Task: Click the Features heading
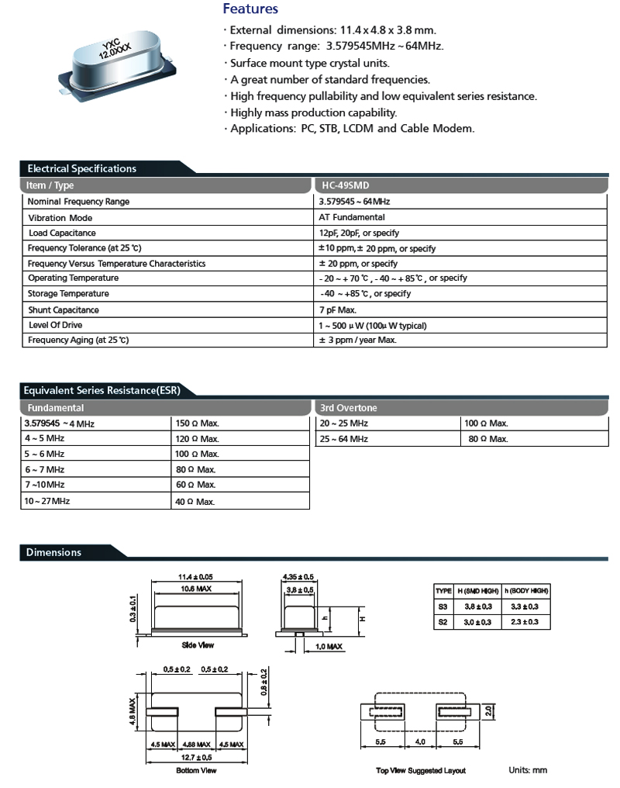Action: coord(250,10)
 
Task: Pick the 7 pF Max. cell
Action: coord(339,309)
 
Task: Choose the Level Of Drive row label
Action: coord(55,325)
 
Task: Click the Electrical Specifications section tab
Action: coord(81,168)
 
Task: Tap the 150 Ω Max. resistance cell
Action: coord(197,424)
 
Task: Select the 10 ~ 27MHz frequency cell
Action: coord(47,501)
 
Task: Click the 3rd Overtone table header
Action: coord(348,407)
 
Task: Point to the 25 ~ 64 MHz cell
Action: coord(343,439)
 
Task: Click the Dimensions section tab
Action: coord(53,552)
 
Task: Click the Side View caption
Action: coord(198,645)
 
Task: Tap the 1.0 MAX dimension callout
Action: coord(329,646)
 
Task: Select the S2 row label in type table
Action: coord(443,622)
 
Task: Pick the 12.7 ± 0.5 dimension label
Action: coord(197,756)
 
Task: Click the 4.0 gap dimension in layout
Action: coord(418,741)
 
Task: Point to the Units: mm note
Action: coord(528,770)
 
